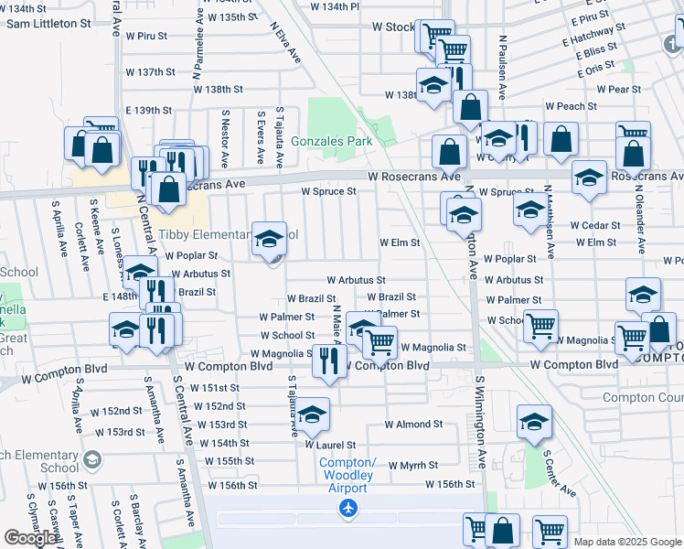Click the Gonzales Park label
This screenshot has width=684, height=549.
coord(332,142)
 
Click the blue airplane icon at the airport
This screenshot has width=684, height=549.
coord(347,508)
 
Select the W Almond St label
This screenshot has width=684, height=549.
coord(413,425)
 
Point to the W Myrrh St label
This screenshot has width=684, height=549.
coord(415,466)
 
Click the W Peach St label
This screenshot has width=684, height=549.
coord(571,106)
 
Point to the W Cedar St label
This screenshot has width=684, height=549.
coord(595,225)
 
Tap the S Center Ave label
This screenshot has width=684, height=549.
coord(560,473)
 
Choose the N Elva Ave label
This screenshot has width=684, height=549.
coord(285,41)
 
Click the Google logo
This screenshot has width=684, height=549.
coord(30,538)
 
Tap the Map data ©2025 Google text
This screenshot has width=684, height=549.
coord(627,542)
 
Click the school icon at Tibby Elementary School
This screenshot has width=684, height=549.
coord(269,240)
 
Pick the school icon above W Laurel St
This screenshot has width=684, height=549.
coord(312,415)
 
